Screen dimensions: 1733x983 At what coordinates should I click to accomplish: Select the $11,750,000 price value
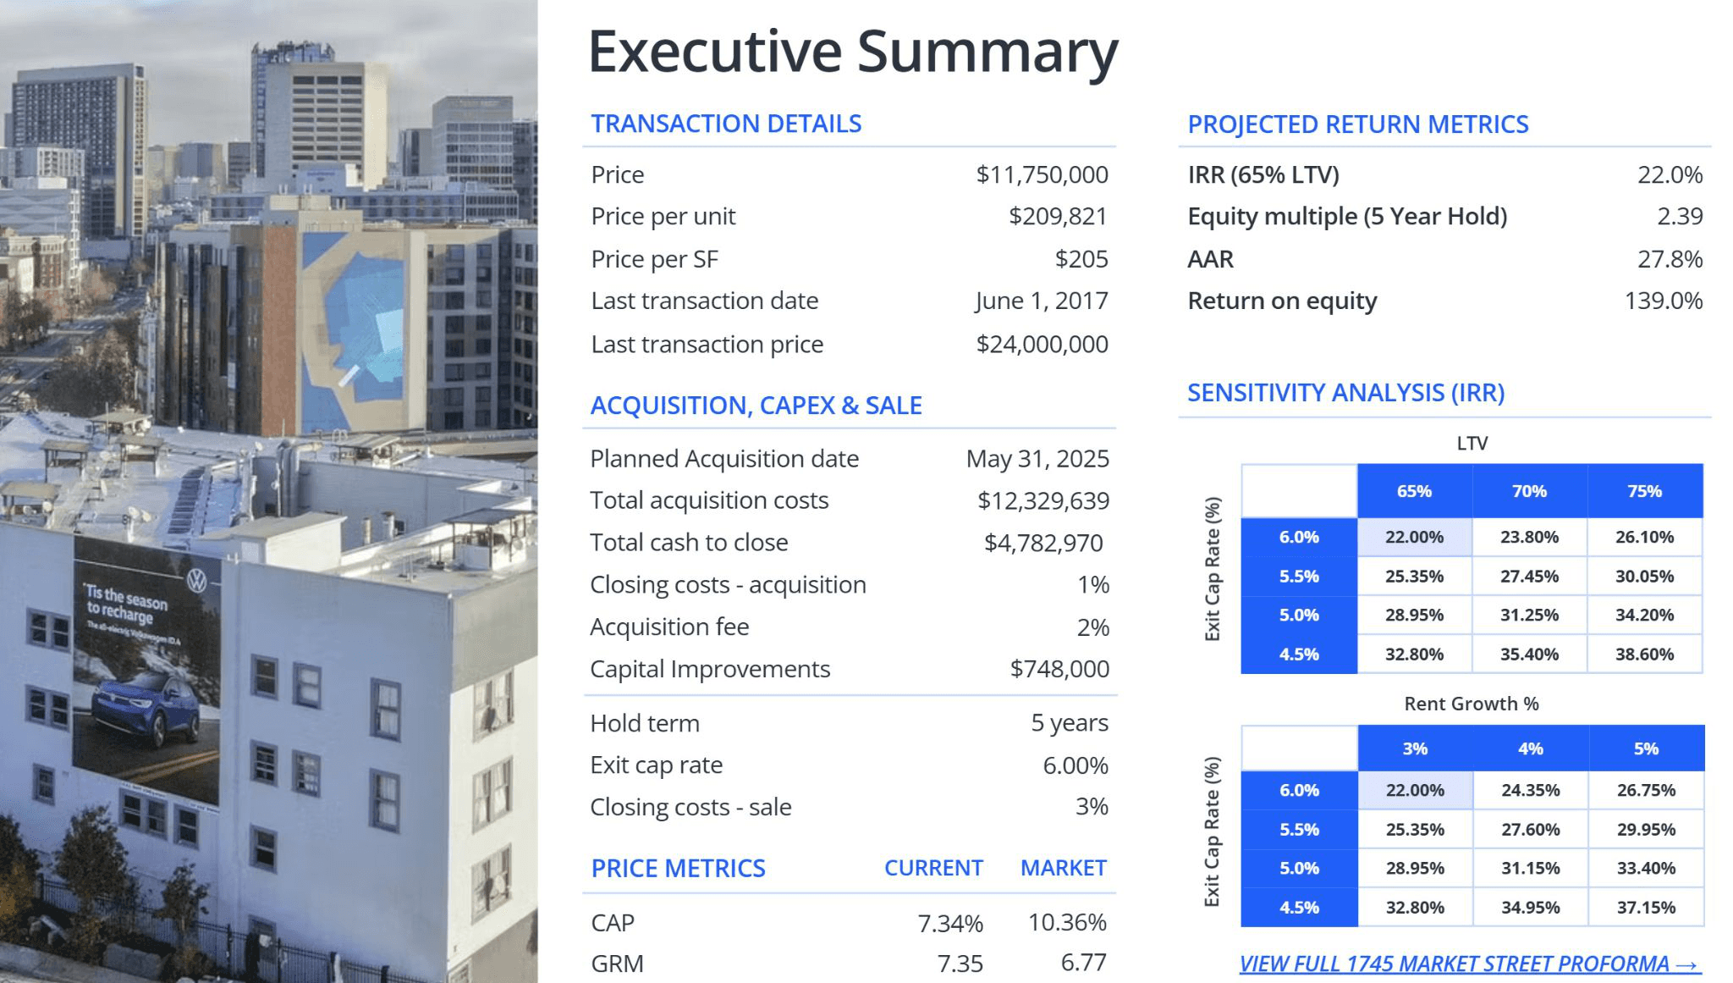point(1042,174)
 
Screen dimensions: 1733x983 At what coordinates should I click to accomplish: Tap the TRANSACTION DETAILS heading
point(726,124)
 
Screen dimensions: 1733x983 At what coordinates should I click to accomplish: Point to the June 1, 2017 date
point(1041,301)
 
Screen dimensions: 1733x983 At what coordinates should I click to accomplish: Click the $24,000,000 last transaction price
point(1042,344)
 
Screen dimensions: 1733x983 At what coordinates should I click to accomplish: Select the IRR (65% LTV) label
point(1263,174)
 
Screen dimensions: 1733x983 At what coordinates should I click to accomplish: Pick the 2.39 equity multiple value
point(1680,216)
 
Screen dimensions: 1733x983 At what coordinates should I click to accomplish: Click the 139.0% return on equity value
point(1664,301)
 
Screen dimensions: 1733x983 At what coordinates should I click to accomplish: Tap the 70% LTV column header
point(1529,491)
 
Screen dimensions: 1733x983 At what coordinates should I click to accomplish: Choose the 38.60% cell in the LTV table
point(1644,654)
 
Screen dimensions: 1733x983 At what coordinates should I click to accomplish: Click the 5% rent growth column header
point(1646,748)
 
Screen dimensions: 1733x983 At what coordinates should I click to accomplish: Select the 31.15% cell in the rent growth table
point(1530,868)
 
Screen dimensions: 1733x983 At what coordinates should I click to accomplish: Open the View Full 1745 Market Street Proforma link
point(1470,964)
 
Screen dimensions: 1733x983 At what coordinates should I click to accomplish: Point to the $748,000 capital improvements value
point(1059,669)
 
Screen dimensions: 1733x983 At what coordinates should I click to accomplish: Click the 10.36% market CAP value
point(1067,922)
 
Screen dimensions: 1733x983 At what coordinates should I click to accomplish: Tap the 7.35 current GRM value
point(960,964)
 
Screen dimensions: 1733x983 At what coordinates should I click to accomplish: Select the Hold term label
point(645,723)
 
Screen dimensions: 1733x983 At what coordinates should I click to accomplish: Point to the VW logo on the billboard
point(196,581)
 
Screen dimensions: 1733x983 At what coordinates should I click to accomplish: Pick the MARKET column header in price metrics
point(1064,868)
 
